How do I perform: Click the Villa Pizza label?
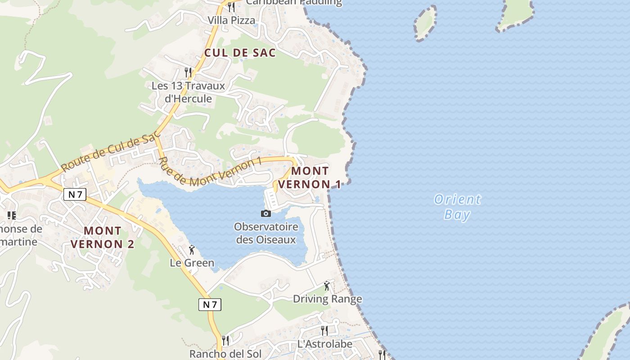coord(231,20)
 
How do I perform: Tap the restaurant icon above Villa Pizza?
coord(231,7)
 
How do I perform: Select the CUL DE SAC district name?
coord(240,53)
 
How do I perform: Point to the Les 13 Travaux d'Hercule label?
coord(188,92)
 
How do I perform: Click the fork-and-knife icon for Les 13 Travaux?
coord(189,72)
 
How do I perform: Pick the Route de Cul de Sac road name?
coord(111,149)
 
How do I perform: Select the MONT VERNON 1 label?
coord(310,177)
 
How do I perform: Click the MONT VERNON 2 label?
coord(103,237)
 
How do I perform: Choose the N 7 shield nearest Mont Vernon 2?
coord(75,194)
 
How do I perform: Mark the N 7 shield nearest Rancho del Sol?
coord(210,305)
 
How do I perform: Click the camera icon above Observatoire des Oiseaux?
coord(266,213)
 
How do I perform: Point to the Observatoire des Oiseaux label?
coord(266,233)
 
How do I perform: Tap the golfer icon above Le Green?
coord(192,250)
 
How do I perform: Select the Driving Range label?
coord(327,299)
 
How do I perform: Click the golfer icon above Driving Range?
coord(327,285)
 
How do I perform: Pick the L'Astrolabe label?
coord(325,344)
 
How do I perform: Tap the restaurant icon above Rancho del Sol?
coord(225,340)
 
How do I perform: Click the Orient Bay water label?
coord(457,207)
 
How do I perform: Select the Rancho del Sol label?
coord(225,354)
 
